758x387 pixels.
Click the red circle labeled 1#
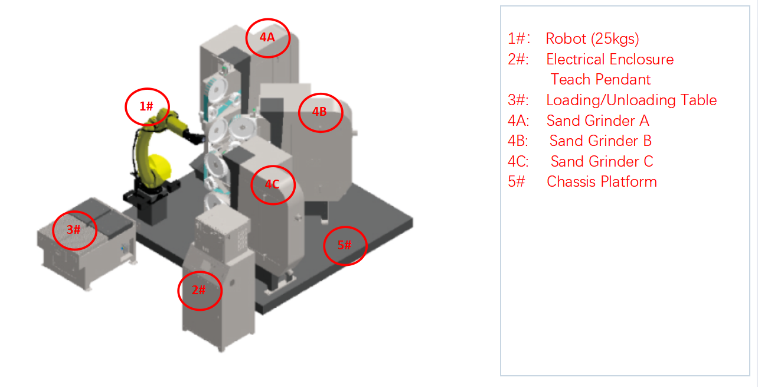click(x=147, y=107)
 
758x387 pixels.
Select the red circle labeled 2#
click(x=200, y=290)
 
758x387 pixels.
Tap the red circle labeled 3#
click(x=74, y=230)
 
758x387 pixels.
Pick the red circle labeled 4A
click(x=268, y=37)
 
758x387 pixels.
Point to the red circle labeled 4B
click(x=320, y=112)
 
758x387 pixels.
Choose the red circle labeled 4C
click(x=272, y=185)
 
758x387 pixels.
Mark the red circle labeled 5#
click(x=345, y=245)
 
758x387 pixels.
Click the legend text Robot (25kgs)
click(x=592, y=39)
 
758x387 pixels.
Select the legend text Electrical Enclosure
click(x=610, y=60)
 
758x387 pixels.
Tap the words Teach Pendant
click(x=600, y=80)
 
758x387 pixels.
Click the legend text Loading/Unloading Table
click(x=631, y=100)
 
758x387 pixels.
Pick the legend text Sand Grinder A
click(x=597, y=121)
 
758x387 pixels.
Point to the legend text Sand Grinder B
click(x=600, y=141)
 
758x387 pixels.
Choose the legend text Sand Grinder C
click(x=602, y=162)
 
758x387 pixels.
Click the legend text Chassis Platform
click(x=602, y=181)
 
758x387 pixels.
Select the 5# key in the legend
click(x=516, y=181)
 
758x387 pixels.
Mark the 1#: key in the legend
click(x=519, y=39)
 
